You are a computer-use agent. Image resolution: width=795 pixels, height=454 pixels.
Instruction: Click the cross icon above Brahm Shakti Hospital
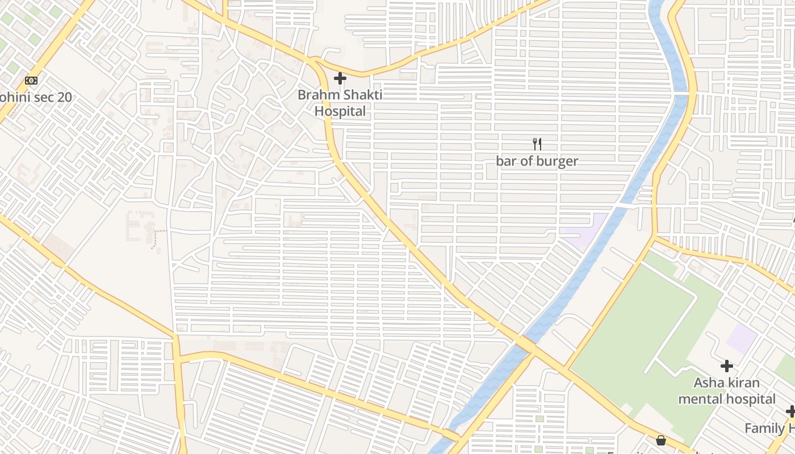pyautogui.click(x=340, y=78)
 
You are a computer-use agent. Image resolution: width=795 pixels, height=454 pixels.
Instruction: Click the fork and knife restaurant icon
pyautogui.click(x=537, y=144)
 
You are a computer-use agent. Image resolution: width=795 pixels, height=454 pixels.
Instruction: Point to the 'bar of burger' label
pyautogui.click(x=537, y=161)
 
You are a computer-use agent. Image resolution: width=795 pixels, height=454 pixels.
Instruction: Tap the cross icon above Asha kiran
pyautogui.click(x=726, y=366)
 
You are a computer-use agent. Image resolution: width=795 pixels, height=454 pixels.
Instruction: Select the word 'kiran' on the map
pyautogui.click(x=743, y=383)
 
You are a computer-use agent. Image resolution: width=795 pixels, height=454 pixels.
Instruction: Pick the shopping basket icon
pyautogui.click(x=661, y=440)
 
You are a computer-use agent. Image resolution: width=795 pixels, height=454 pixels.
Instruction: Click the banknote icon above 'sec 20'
pyautogui.click(x=31, y=81)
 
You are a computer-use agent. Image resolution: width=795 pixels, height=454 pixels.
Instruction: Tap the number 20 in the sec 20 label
pyautogui.click(x=64, y=97)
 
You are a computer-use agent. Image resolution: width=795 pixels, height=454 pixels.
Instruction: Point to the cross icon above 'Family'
pyautogui.click(x=790, y=411)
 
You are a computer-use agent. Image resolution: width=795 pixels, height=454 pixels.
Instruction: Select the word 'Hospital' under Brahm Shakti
pyautogui.click(x=340, y=111)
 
